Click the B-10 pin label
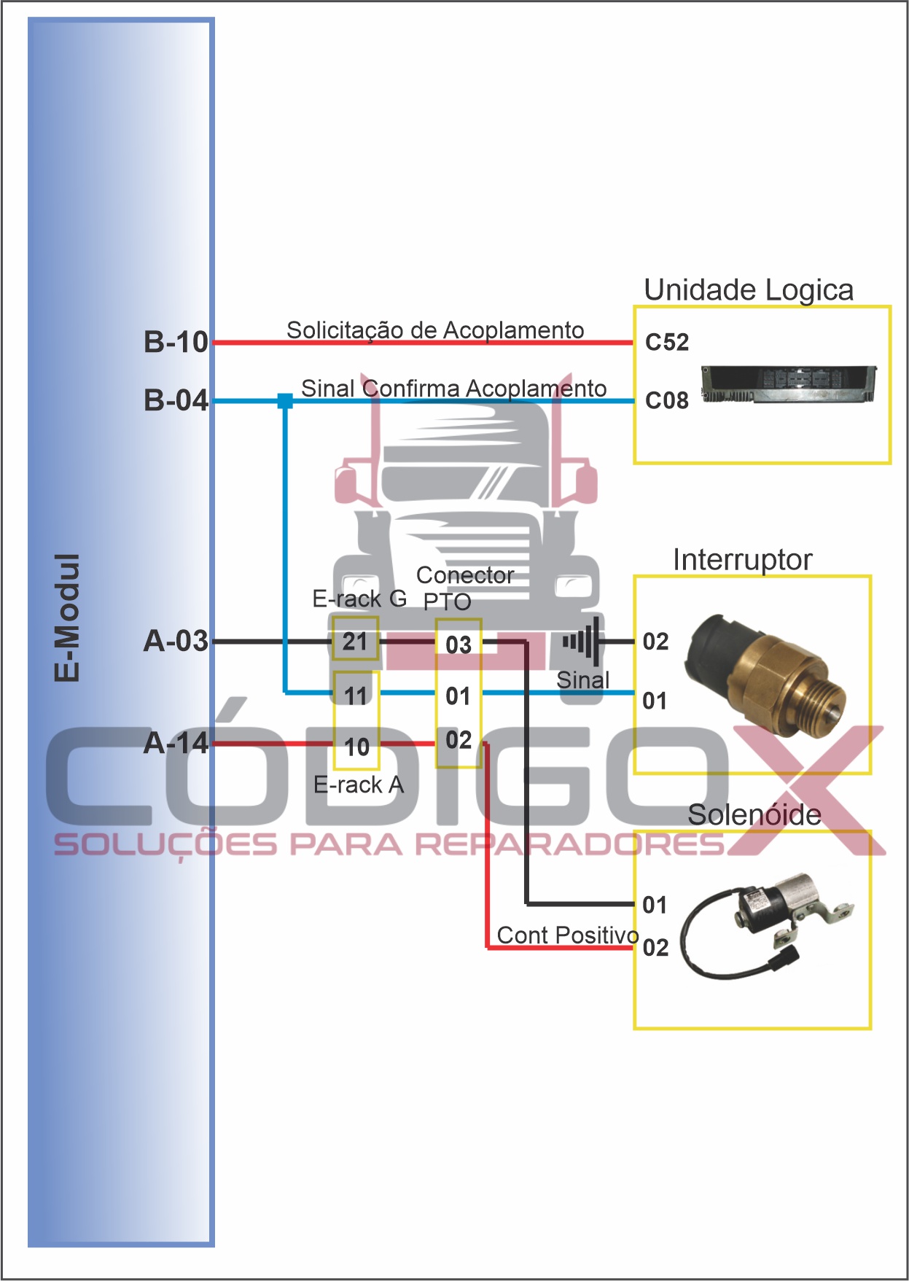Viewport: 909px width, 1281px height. pyautogui.click(x=176, y=342)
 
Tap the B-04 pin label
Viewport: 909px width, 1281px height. pyautogui.click(x=176, y=400)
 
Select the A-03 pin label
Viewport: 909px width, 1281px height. pyautogui.click(x=176, y=642)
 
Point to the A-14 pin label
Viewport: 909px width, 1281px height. pyautogui.click(x=176, y=744)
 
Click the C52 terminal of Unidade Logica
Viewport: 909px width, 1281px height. pyautogui.click(x=666, y=342)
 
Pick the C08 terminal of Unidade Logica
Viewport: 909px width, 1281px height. pyautogui.click(x=666, y=400)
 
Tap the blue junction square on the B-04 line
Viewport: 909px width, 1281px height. pyautogui.click(x=285, y=400)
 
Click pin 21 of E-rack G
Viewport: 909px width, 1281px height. pyautogui.click(x=355, y=642)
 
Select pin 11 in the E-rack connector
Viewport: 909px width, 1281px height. pyautogui.click(x=356, y=696)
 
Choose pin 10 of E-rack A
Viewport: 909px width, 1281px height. pyautogui.click(x=356, y=747)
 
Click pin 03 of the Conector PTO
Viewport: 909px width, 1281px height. pyautogui.click(x=459, y=645)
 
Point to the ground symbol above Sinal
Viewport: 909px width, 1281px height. pyautogui.click(x=582, y=642)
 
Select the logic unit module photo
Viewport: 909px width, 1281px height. pyautogui.click(x=788, y=383)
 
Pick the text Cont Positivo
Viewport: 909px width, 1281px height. pyautogui.click(x=567, y=935)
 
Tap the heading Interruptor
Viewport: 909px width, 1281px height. pyautogui.click(x=741, y=560)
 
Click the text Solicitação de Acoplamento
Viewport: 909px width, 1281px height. pyautogui.click(x=435, y=330)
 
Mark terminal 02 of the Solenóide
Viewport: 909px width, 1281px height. pyautogui.click(x=655, y=947)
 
